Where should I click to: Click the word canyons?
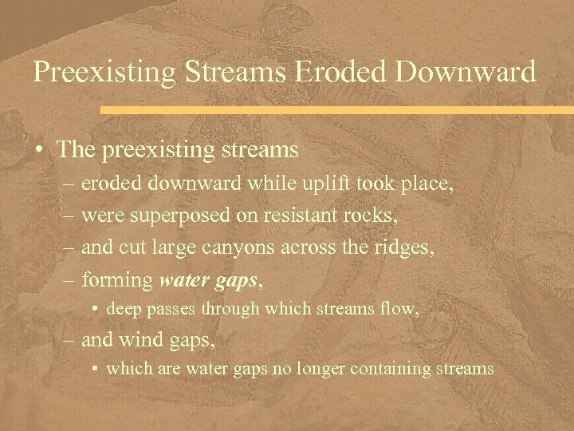(x=240, y=247)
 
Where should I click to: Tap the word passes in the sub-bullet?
(x=171, y=307)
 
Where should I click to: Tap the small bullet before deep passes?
(x=95, y=308)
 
